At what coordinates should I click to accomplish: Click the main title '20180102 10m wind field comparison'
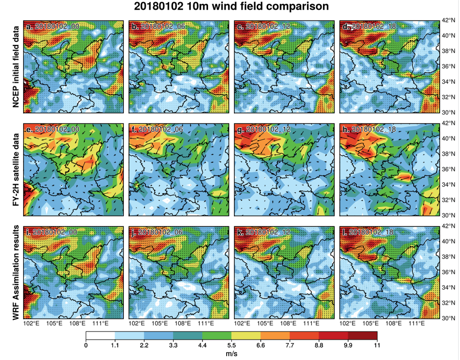point(231,6)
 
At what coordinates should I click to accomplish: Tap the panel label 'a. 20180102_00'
point(53,26)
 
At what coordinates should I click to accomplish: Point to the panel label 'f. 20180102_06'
point(157,129)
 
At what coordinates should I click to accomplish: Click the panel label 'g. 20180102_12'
point(264,129)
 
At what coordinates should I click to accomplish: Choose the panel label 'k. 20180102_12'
point(264,232)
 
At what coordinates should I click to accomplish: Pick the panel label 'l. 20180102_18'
point(368,232)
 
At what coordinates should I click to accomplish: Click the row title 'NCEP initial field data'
point(15,67)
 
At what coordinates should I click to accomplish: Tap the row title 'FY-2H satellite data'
point(15,170)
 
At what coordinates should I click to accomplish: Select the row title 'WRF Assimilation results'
point(15,272)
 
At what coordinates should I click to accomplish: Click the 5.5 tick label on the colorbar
point(232,345)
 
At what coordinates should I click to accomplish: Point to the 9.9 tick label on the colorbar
point(348,345)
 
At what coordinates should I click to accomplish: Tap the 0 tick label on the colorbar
point(86,345)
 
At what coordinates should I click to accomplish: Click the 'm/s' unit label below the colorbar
point(232,354)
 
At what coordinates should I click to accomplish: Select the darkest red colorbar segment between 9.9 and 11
point(362,336)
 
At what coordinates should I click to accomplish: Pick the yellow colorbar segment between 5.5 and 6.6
point(246,336)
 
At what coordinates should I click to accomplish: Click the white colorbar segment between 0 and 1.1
point(100,336)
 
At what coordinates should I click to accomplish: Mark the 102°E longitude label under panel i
point(31,324)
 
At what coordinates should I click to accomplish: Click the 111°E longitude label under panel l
point(417,324)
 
